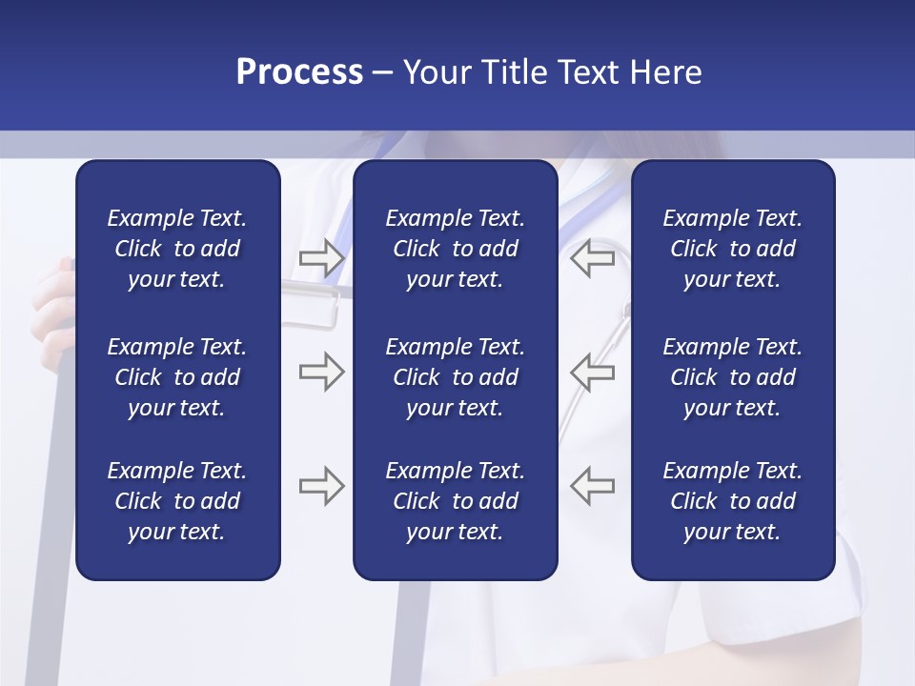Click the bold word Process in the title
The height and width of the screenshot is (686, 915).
(x=299, y=72)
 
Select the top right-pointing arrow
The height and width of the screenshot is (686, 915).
(x=321, y=258)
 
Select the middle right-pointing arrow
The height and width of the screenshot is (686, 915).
(x=321, y=372)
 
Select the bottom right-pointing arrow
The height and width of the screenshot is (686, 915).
(x=321, y=486)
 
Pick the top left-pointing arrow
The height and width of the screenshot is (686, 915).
(x=592, y=258)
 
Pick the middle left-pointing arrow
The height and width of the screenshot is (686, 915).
(x=592, y=372)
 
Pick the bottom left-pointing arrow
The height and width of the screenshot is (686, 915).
(x=592, y=486)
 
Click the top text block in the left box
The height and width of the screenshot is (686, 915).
(x=177, y=249)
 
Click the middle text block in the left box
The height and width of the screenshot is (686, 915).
(x=177, y=377)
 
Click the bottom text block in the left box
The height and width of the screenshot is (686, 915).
(x=177, y=501)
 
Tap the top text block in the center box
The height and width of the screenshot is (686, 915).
(x=455, y=249)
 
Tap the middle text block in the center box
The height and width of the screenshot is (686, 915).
(x=455, y=377)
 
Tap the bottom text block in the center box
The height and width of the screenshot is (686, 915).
(x=455, y=501)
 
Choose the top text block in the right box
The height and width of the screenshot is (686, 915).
(x=732, y=249)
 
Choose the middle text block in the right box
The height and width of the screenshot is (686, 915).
(x=732, y=377)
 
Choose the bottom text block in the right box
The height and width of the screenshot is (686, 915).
(x=732, y=501)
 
